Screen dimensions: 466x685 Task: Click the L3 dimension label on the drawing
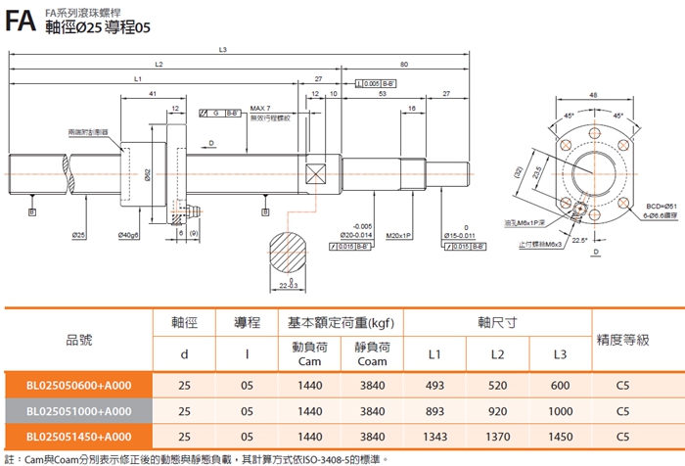coord(224,50)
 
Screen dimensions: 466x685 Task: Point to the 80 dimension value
coord(404,64)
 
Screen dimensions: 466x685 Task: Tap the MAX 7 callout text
coord(260,107)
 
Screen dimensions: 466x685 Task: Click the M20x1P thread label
coord(398,236)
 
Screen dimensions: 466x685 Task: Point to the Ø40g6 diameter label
coord(128,236)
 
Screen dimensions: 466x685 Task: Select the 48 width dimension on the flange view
coord(593,95)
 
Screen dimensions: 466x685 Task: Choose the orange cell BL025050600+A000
coord(80,386)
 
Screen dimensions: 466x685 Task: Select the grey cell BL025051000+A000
coord(80,411)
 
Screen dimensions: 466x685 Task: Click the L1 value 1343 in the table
coord(434,436)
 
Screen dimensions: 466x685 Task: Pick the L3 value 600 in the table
coord(560,386)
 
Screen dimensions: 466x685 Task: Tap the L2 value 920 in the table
coord(496,411)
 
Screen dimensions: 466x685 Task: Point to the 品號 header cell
coord(78,339)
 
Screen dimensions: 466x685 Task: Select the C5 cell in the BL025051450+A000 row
coord(622,436)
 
